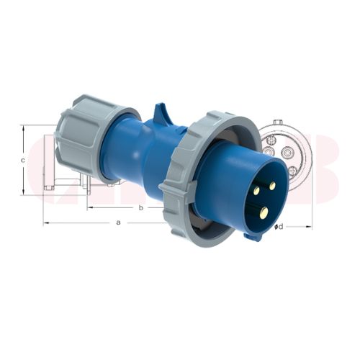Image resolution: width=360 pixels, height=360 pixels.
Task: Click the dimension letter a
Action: [118, 222]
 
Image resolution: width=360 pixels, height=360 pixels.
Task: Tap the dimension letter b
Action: [140, 207]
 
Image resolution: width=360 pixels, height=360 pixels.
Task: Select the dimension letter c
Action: [23, 161]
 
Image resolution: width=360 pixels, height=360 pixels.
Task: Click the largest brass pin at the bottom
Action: [264, 212]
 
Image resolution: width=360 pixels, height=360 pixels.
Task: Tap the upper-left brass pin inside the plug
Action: [256, 190]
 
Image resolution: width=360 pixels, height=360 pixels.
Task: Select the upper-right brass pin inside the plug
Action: [272, 186]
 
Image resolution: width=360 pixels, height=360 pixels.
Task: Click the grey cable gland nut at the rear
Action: [86, 137]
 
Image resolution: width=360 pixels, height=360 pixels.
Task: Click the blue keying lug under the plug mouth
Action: [253, 235]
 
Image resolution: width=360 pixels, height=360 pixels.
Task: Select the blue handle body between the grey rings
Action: [137, 155]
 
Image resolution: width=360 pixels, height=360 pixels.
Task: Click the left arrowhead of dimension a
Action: [45, 222]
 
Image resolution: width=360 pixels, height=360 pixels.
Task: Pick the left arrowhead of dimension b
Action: [89, 208]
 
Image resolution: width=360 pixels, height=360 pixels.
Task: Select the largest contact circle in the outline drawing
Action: [288, 152]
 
